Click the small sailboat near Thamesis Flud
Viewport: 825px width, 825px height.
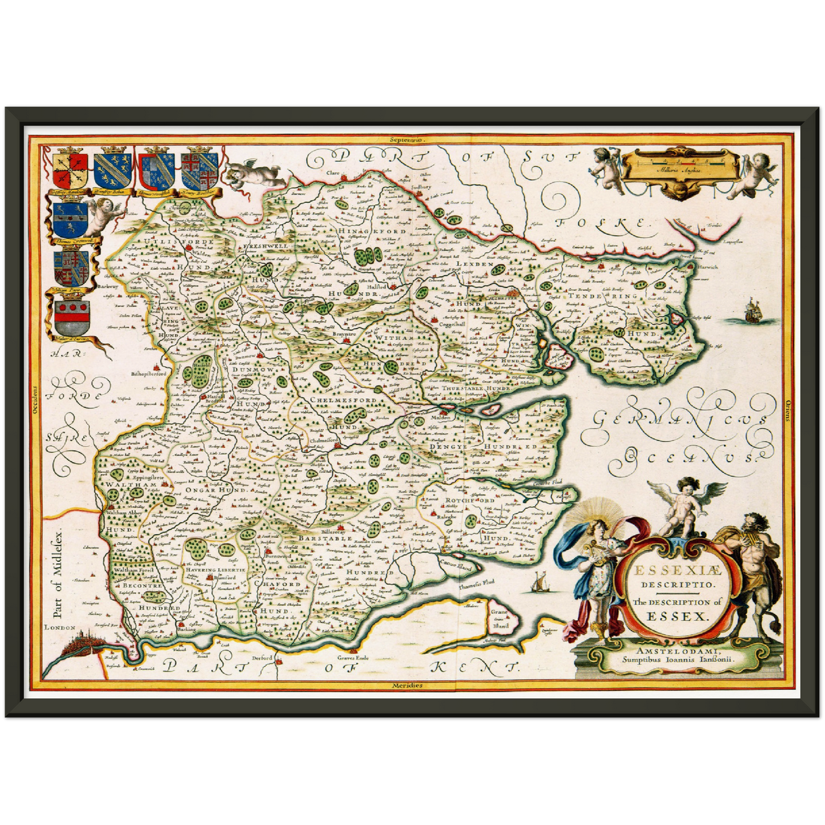pos(537,582)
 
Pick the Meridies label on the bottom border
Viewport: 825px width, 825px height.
pos(407,685)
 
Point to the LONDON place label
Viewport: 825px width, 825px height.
pos(60,627)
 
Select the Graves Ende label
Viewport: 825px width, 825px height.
pos(354,658)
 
